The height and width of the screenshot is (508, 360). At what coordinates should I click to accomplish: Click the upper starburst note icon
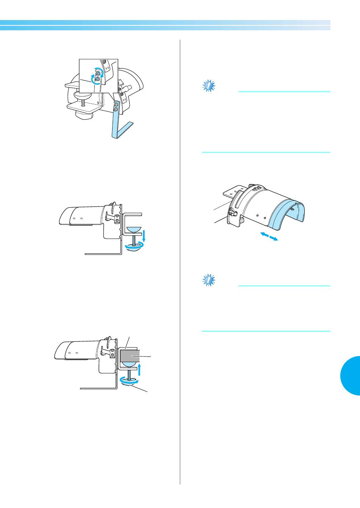(x=208, y=86)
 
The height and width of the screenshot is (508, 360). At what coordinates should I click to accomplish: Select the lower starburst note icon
(x=208, y=281)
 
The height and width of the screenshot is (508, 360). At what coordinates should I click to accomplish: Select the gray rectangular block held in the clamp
(x=130, y=356)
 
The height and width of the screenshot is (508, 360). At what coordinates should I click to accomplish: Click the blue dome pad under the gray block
(x=130, y=365)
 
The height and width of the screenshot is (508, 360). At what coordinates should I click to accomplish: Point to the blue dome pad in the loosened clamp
(x=134, y=230)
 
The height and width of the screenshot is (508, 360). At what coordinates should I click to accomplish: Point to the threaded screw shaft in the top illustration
(x=83, y=102)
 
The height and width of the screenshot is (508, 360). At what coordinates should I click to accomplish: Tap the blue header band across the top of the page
(x=165, y=25)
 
